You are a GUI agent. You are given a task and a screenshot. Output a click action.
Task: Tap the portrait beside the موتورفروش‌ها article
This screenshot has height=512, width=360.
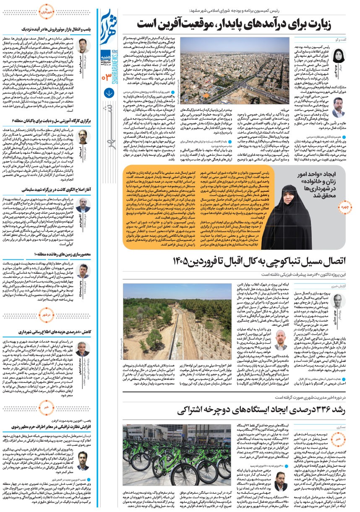[82, 45]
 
